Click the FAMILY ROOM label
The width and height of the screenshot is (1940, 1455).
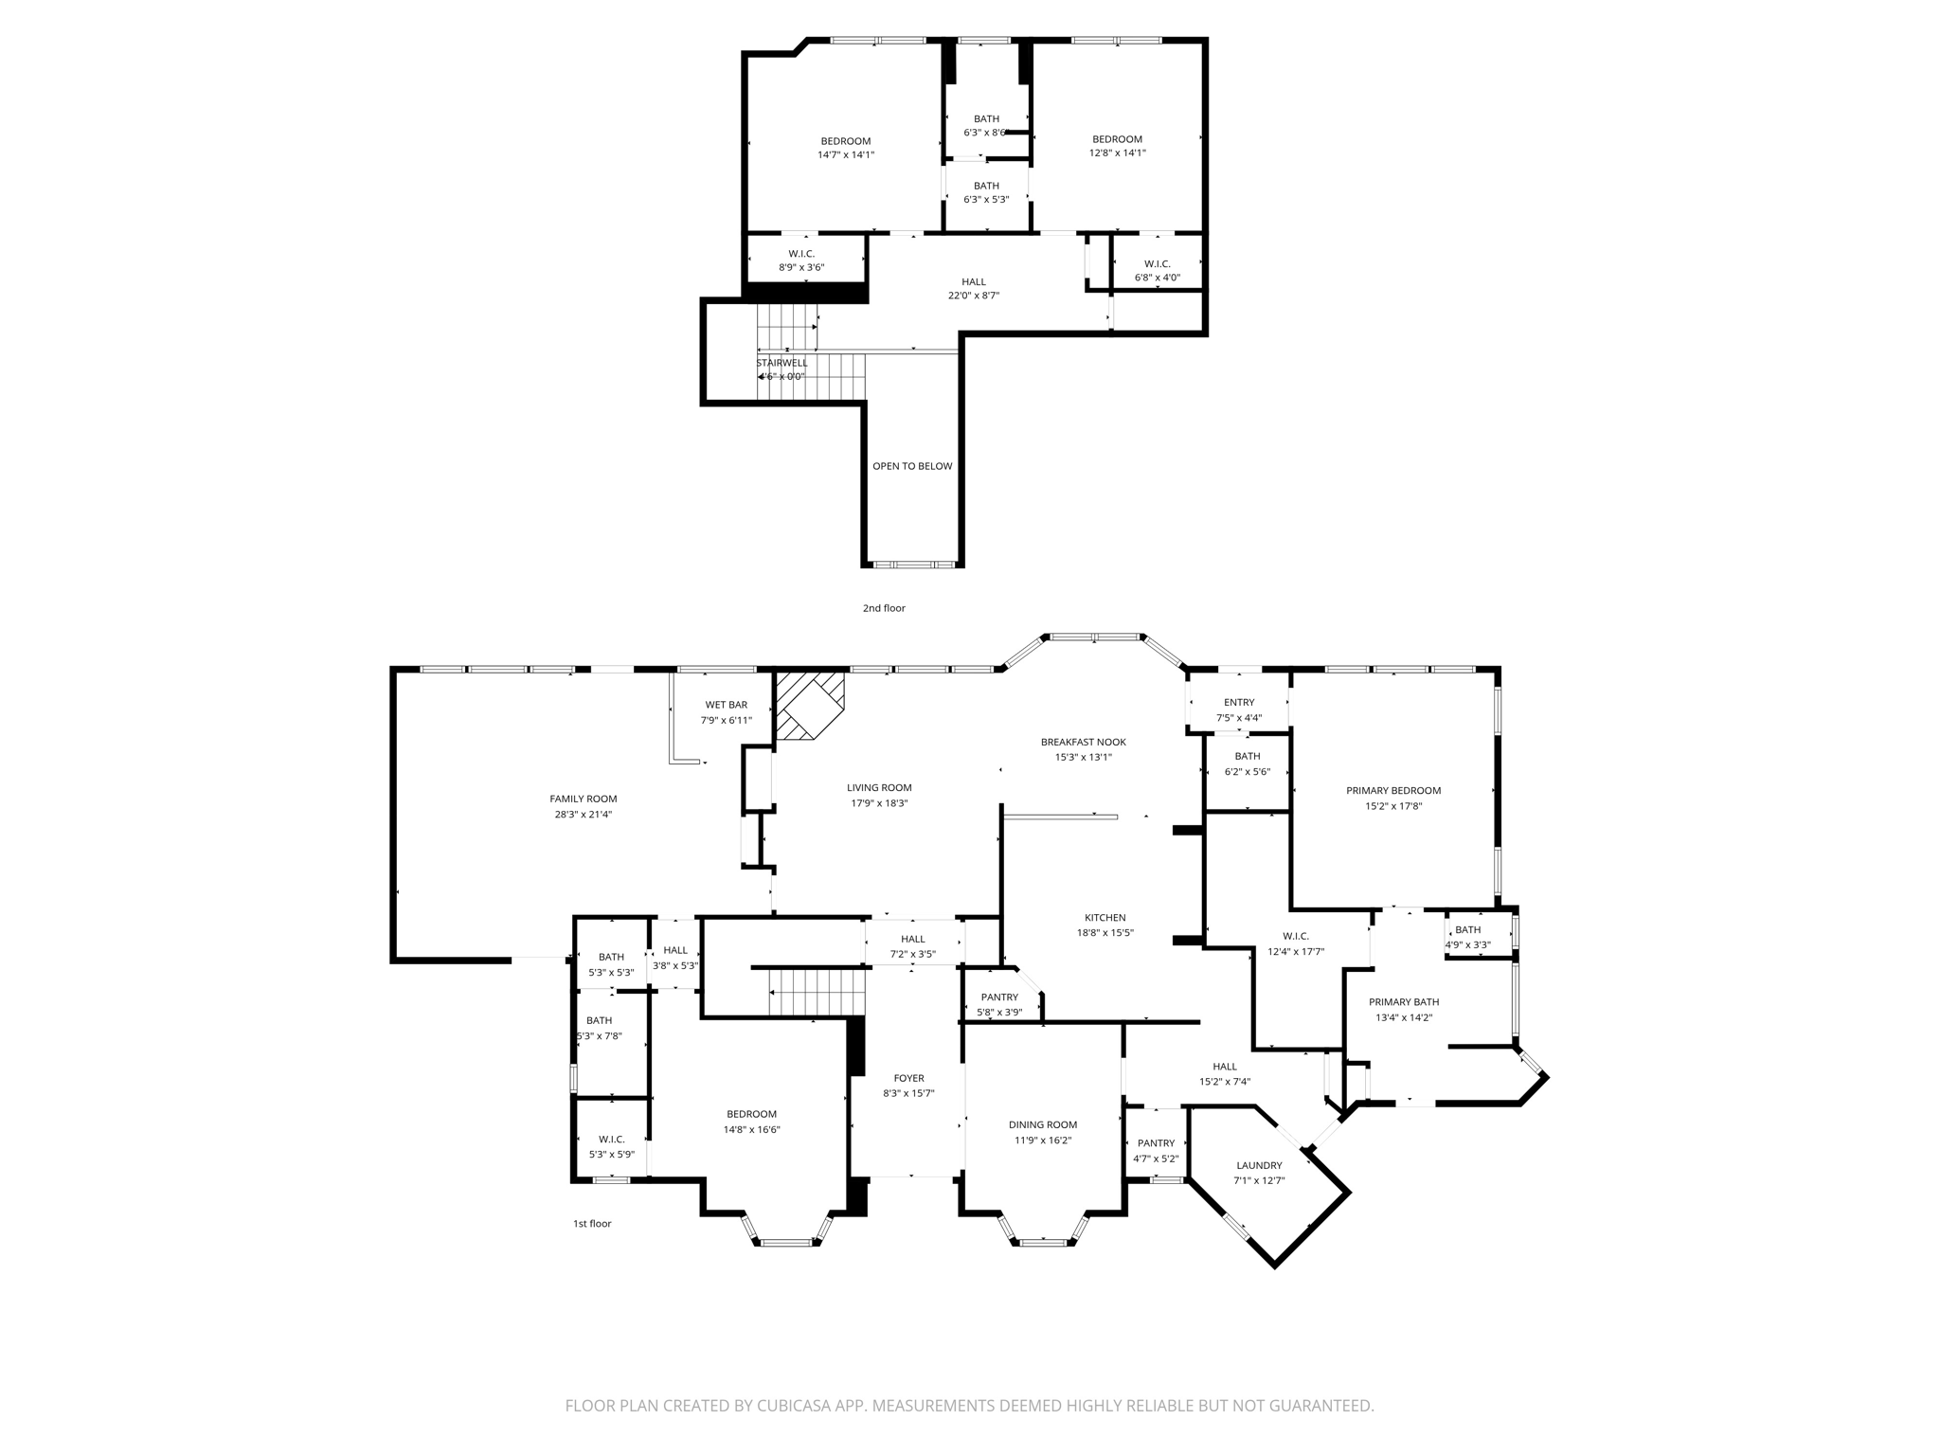(584, 799)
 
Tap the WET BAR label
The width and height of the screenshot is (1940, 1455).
(727, 705)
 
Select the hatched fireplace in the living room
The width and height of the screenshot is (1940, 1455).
(809, 706)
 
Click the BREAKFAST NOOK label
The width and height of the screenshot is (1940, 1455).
(1084, 742)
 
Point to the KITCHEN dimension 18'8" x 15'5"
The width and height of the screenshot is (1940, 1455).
(1105, 933)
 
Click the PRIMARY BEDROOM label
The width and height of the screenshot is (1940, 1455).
(1393, 791)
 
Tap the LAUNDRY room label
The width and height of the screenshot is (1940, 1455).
(1259, 1166)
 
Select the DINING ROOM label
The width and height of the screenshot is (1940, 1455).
(1043, 1125)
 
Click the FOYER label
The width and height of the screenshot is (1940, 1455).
(909, 1078)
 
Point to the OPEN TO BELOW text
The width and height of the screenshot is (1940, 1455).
(912, 466)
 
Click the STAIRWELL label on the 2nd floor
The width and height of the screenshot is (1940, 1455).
(782, 363)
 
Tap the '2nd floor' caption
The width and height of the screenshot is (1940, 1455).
(884, 608)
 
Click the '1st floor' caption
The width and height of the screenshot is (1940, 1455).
(592, 1224)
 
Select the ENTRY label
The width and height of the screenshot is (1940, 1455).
(1239, 703)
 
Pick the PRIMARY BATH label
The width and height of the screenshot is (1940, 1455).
(1404, 1002)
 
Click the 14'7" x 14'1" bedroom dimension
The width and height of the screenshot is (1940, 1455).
(846, 154)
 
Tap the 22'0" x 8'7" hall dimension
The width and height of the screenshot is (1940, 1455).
(974, 296)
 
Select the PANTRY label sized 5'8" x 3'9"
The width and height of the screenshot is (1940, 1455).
(999, 997)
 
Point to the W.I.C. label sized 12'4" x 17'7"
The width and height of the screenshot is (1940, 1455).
(1296, 937)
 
